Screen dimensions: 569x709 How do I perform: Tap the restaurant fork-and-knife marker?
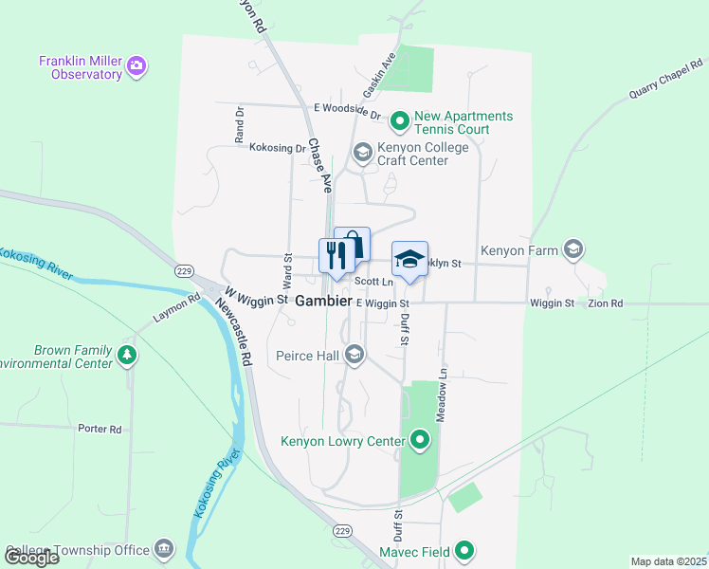(333, 255)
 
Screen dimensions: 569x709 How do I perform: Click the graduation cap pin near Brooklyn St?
(409, 258)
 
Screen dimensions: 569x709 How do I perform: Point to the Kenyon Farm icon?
(573, 249)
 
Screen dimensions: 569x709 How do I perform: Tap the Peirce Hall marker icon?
(354, 356)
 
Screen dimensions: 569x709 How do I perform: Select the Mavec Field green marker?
(464, 550)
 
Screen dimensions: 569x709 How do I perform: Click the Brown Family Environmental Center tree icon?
(127, 356)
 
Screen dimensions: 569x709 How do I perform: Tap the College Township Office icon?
(164, 550)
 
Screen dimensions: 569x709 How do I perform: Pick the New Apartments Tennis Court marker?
(400, 121)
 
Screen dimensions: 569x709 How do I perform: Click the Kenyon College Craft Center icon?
(361, 153)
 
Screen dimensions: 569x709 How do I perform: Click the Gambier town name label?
(323, 301)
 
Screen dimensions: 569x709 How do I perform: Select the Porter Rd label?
(100, 429)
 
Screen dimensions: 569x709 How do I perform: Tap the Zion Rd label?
(605, 303)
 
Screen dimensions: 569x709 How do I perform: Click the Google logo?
(31, 558)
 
